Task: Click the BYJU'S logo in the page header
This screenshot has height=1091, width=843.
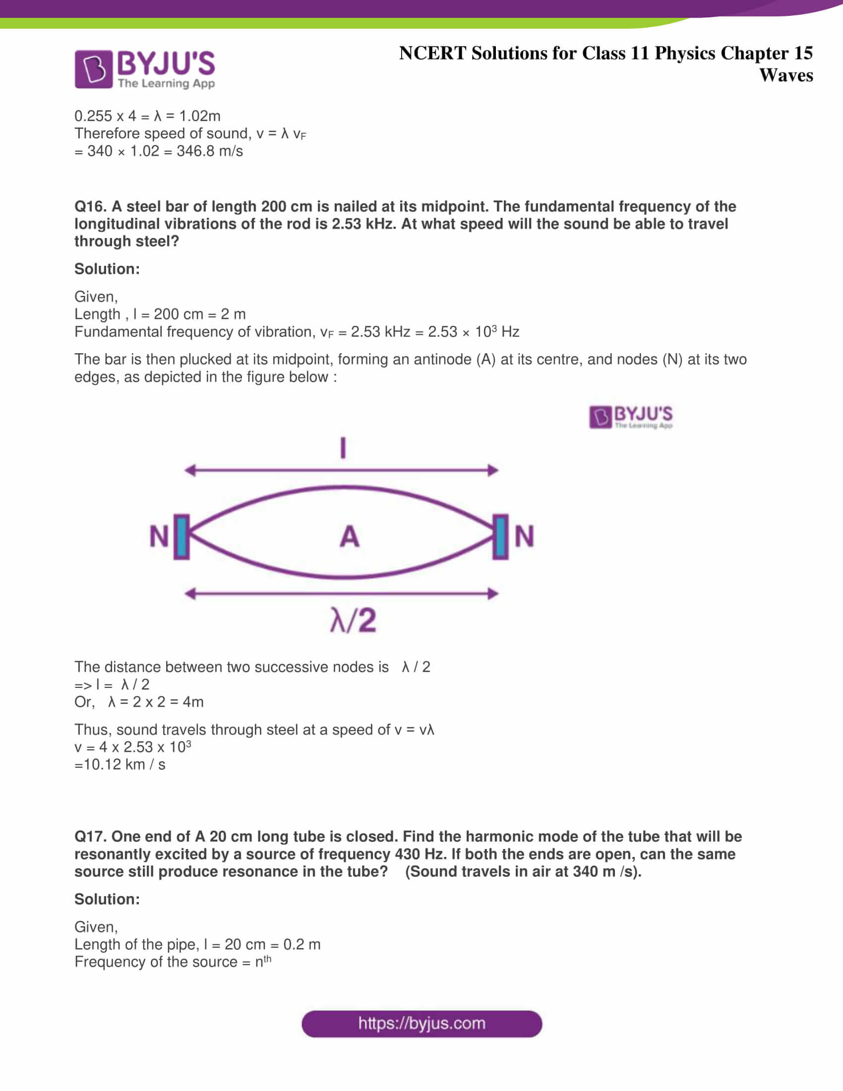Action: pyautogui.click(x=144, y=69)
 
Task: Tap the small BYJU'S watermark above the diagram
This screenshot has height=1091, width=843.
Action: pyautogui.click(x=630, y=417)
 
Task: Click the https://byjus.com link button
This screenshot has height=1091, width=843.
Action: pyautogui.click(x=421, y=1024)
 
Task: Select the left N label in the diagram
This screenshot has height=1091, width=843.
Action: pyautogui.click(x=159, y=536)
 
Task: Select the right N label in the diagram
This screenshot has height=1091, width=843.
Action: pyautogui.click(x=524, y=536)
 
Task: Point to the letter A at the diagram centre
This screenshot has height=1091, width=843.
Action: pyautogui.click(x=349, y=537)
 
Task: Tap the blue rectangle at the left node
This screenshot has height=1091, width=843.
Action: pyautogui.click(x=182, y=537)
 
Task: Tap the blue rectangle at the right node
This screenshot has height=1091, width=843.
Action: pyautogui.click(x=500, y=537)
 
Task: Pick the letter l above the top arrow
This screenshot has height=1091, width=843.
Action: pyautogui.click(x=343, y=448)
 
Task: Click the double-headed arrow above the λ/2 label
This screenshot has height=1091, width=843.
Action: pyautogui.click(x=342, y=594)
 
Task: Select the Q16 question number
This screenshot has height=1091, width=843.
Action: pyautogui.click(x=90, y=206)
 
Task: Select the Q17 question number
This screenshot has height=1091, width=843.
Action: pyautogui.click(x=90, y=836)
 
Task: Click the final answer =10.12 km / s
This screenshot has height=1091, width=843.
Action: pyautogui.click(x=120, y=764)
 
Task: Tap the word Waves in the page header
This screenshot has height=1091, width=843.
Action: pyautogui.click(x=785, y=75)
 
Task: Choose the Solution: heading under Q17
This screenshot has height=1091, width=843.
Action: pyautogui.click(x=107, y=899)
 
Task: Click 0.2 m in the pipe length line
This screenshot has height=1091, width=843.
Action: pyautogui.click(x=301, y=944)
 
